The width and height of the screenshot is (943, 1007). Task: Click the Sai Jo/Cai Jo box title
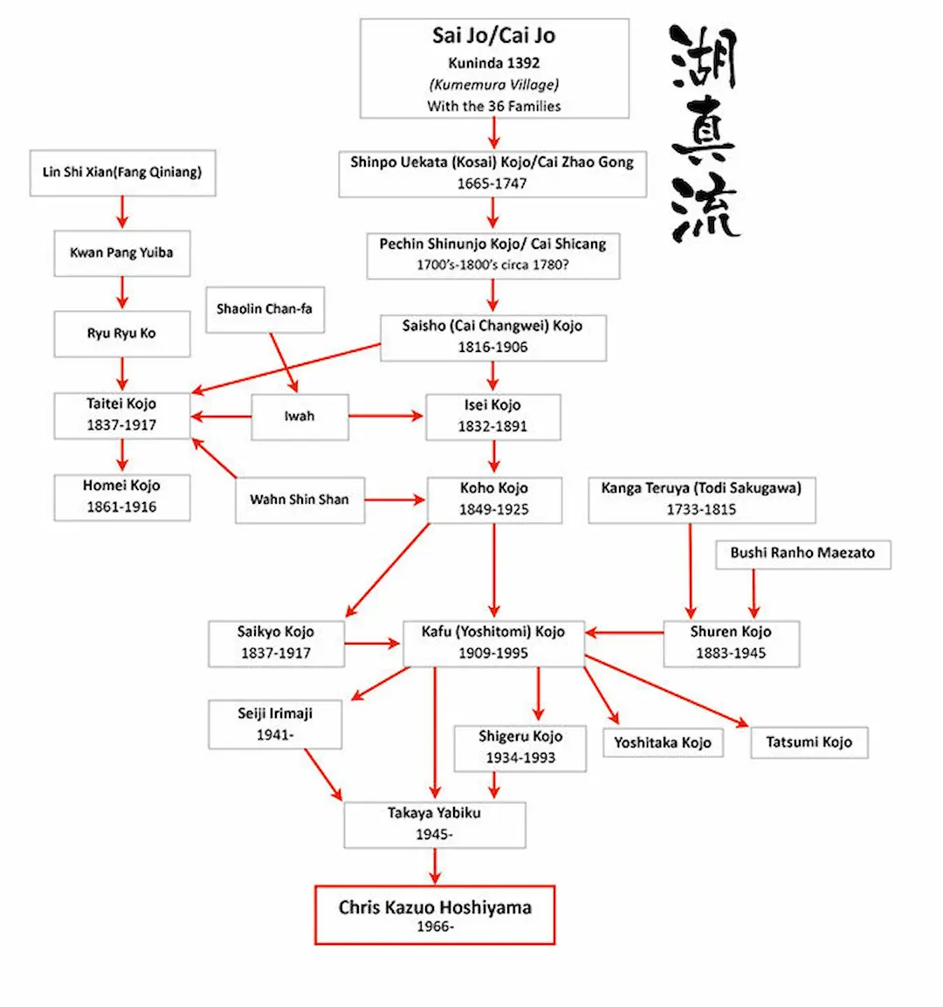click(x=493, y=36)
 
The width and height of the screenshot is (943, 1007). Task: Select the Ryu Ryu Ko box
click(x=121, y=333)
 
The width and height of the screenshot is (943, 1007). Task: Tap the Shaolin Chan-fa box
click(x=265, y=309)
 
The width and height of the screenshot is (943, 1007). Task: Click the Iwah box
click(x=299, y=417)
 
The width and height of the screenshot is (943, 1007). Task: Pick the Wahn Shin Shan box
click(x=299, y=500)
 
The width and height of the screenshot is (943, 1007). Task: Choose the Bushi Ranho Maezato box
click(x=802, y=553)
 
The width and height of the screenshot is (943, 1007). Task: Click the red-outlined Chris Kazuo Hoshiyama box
click(x=435, y=914)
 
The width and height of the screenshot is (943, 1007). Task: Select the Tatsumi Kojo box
click(x=809, y=742)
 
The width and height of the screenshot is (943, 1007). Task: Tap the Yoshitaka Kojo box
click(x=662, y=743)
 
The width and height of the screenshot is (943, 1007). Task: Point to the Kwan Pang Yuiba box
click(x=121, y=253)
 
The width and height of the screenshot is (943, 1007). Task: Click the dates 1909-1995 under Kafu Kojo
click(x=493, y=652)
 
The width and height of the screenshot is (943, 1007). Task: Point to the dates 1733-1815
click(x=701, y=509)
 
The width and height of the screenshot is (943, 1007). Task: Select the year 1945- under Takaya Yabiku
click(x=434, y=834)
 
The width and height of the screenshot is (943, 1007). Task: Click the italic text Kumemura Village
click(x=494, y=85)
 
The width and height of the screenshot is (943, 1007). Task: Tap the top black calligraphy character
click(x=704, y=58)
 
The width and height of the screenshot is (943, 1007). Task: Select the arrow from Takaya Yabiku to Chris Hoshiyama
click(x=435, y=866)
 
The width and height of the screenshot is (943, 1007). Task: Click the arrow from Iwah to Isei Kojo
click(x=386, y=417)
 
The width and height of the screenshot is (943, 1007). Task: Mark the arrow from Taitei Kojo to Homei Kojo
click(x=122, y=455)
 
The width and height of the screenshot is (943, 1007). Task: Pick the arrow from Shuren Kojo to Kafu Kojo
click(x=623, y=632)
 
